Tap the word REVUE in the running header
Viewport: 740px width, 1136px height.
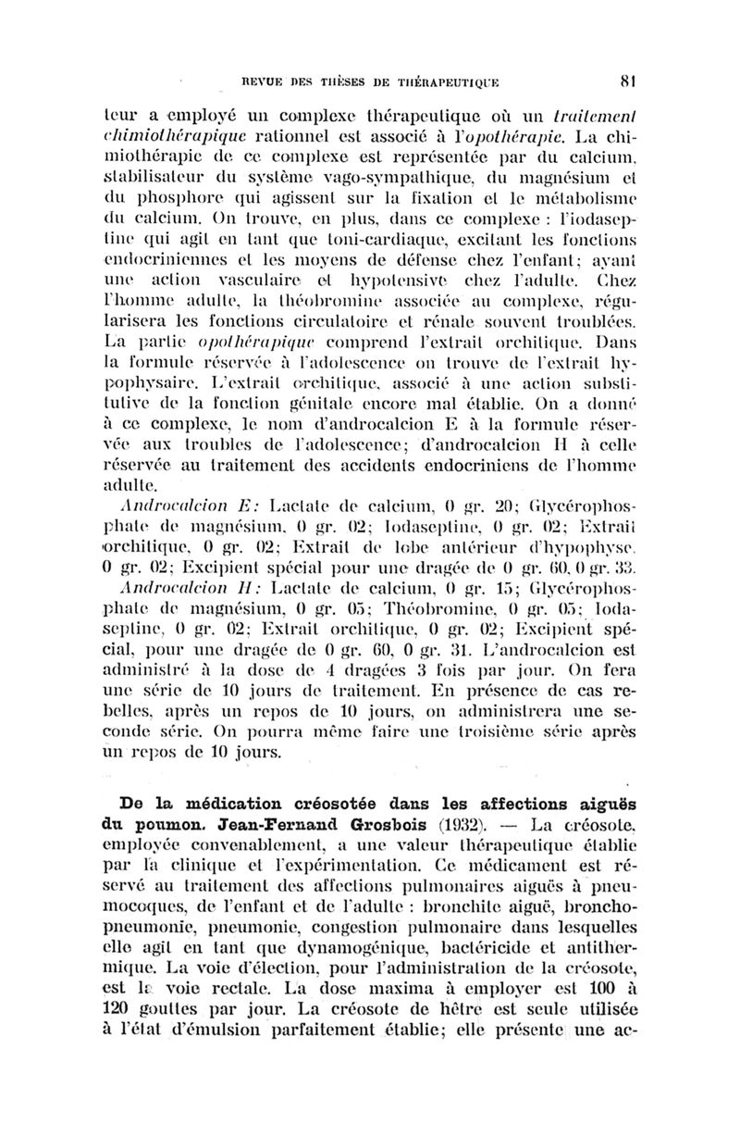point(262,81)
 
